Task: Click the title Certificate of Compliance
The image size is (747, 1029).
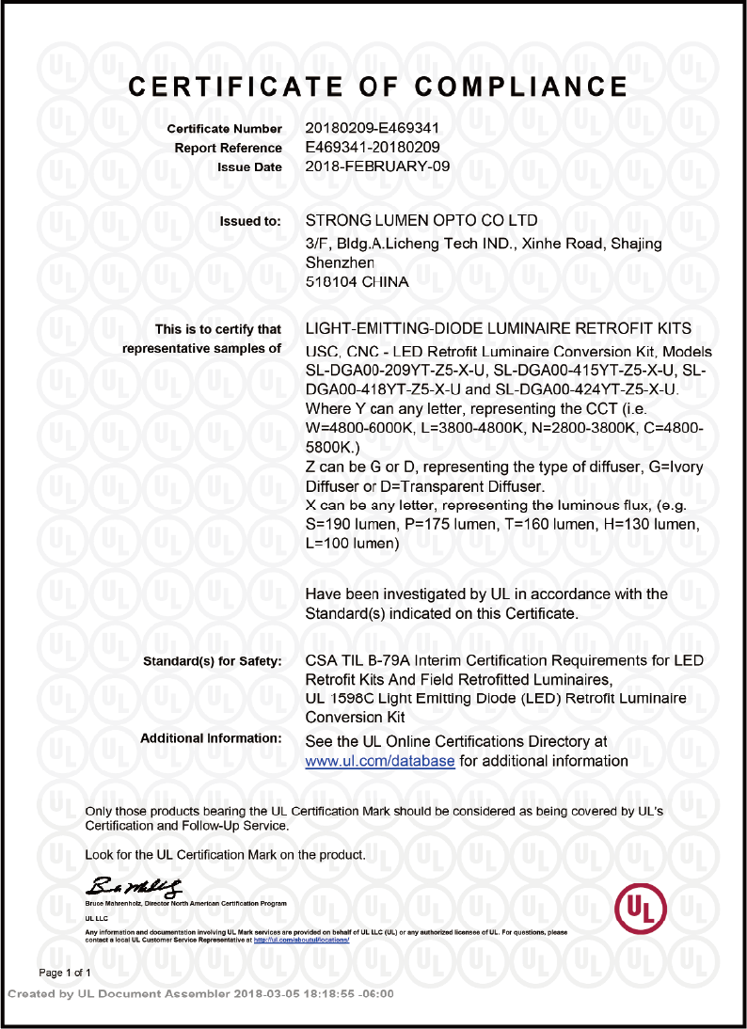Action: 377,87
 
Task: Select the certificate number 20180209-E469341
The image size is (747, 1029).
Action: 373,128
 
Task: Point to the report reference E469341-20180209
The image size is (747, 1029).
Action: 373,148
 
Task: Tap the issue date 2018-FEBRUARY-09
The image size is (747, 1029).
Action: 378,166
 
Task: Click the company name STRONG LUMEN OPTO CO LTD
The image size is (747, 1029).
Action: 422,221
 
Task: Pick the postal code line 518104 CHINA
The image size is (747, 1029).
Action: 358,280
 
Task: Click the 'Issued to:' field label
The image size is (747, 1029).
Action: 250,222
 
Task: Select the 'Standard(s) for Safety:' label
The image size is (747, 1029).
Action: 212,662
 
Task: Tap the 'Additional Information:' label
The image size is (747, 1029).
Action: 211,738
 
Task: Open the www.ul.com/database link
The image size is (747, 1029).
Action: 380,761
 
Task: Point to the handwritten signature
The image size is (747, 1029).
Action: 135,886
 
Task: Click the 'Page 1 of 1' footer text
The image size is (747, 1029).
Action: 65,973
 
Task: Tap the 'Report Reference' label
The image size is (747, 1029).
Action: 228,149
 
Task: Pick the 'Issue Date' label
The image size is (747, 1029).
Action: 249,167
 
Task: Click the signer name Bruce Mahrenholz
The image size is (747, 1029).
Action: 117,903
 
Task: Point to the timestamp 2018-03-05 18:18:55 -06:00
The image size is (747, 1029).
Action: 313,994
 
